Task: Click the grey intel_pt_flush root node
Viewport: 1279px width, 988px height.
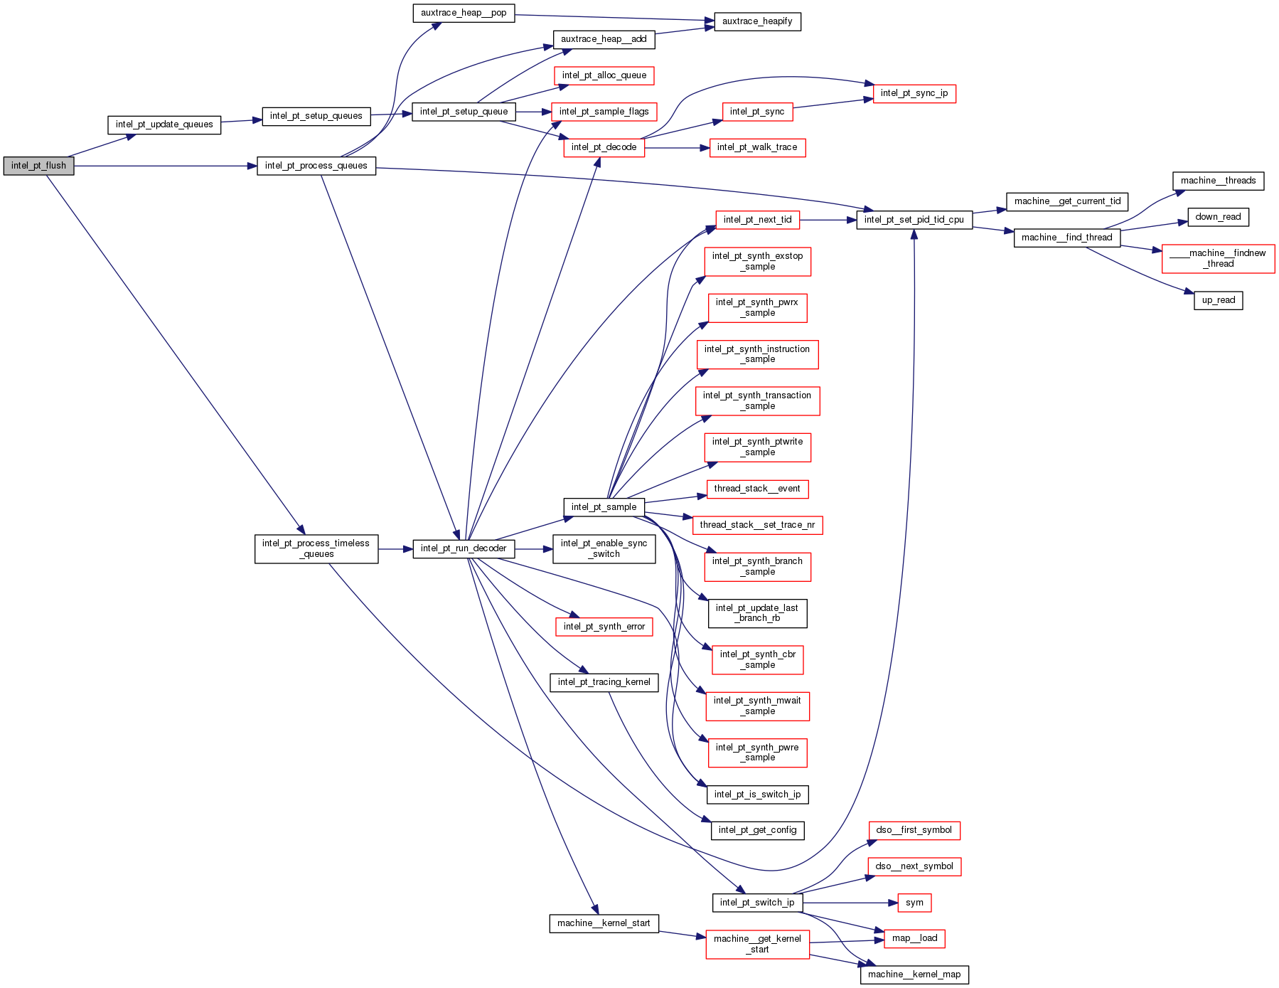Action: tap(38, 166)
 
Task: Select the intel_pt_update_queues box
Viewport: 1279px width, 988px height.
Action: tap(164, 124)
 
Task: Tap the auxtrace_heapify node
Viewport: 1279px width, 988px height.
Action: tap(757, 21)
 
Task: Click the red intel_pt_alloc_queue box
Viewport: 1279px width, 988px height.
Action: tap(604, 75)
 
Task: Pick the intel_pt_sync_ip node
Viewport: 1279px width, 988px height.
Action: tap(914, 93)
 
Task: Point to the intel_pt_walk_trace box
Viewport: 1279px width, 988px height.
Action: tap(757, 147)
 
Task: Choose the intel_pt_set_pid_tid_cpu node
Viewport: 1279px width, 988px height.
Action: tap(914, 220)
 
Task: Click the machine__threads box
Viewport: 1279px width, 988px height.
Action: tap(1218, 181)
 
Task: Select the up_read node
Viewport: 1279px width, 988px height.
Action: tap(1218, 300)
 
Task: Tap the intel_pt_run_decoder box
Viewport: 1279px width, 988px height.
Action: tap(464, 548)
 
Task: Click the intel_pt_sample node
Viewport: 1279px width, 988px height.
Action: tap(604, 507)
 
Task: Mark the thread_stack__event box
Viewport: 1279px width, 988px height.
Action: tap(757, 489)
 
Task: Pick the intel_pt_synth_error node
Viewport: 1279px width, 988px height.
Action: tap(604, 627)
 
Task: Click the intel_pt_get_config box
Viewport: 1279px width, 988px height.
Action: tap(757, 830)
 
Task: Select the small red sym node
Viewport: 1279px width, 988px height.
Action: tap(914, 903)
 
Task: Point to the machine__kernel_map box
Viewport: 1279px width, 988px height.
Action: tap(914, 974)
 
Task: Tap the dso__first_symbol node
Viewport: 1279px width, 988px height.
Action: tap(914, 830)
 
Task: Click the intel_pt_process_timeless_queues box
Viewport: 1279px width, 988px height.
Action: tap(316, 548)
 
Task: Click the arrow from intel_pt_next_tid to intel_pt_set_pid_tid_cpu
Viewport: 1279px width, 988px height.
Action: tap(828, 220)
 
